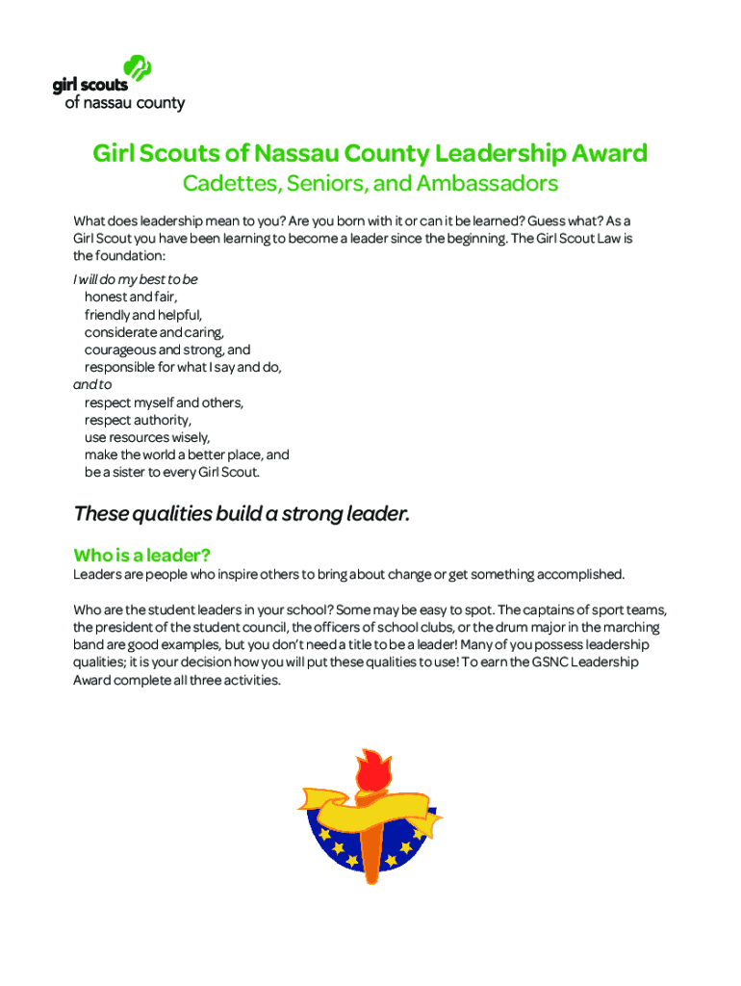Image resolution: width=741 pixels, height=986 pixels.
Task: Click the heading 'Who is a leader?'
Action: [141, 556]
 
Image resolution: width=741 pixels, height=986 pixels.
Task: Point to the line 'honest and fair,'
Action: [131, 298]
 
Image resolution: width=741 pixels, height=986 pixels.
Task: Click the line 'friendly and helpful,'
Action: [143, 315]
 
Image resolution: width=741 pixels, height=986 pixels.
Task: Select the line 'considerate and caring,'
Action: [154, 332]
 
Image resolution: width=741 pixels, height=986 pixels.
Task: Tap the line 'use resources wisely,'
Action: [146, 437]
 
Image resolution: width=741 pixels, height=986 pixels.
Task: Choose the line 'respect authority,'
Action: [138, 420]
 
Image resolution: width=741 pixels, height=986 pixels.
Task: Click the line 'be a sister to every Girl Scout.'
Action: [172, 473]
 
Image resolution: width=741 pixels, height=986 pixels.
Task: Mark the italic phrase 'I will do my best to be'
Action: [136, 279]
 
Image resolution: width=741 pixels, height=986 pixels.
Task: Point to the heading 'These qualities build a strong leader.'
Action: [242, 514]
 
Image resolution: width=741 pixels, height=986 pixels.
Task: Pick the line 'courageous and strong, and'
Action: [167, 350]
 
